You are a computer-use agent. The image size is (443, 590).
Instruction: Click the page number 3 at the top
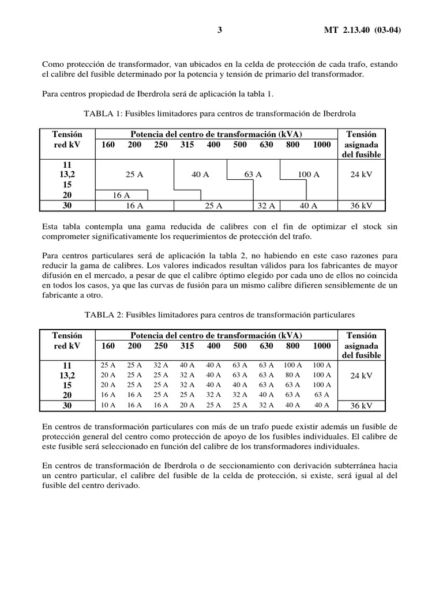click(220, 30)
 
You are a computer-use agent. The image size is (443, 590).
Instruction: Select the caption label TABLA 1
click(103, 114)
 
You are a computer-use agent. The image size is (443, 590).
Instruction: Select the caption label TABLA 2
click(103, 315)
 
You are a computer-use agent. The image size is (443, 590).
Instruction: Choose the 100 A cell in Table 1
click(308, 175)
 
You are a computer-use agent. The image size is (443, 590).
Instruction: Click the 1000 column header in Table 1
click(322, 145)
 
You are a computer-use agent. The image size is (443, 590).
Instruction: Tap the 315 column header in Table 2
click(187, 346)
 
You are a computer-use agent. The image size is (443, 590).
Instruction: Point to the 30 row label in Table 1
click(67, 205)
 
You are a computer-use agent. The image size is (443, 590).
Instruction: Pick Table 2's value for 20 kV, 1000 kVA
click(322, 395)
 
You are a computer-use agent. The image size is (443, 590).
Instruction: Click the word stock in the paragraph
click(372, 227)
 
